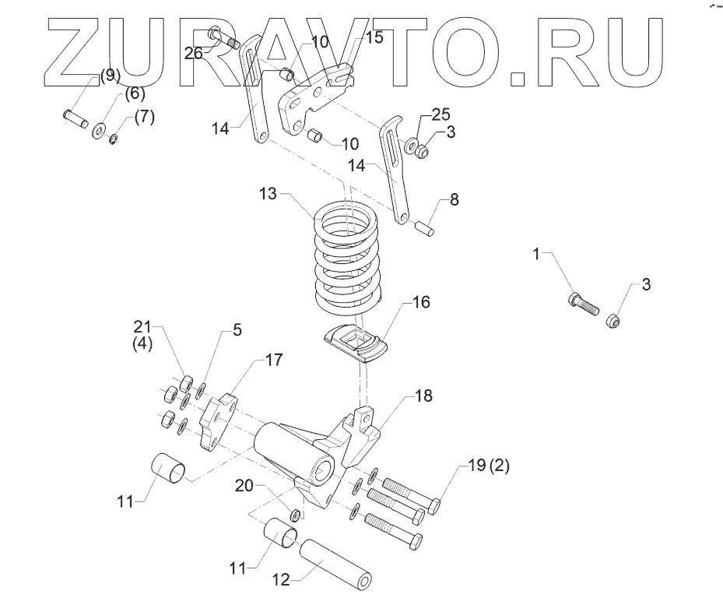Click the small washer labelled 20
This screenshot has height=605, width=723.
click(295, 515)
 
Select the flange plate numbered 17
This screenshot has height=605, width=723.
click(216, 423)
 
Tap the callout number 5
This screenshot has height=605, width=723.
click(237, 330)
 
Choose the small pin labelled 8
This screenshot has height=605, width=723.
click(425, 229)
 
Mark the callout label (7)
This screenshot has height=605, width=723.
click(144, 117)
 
